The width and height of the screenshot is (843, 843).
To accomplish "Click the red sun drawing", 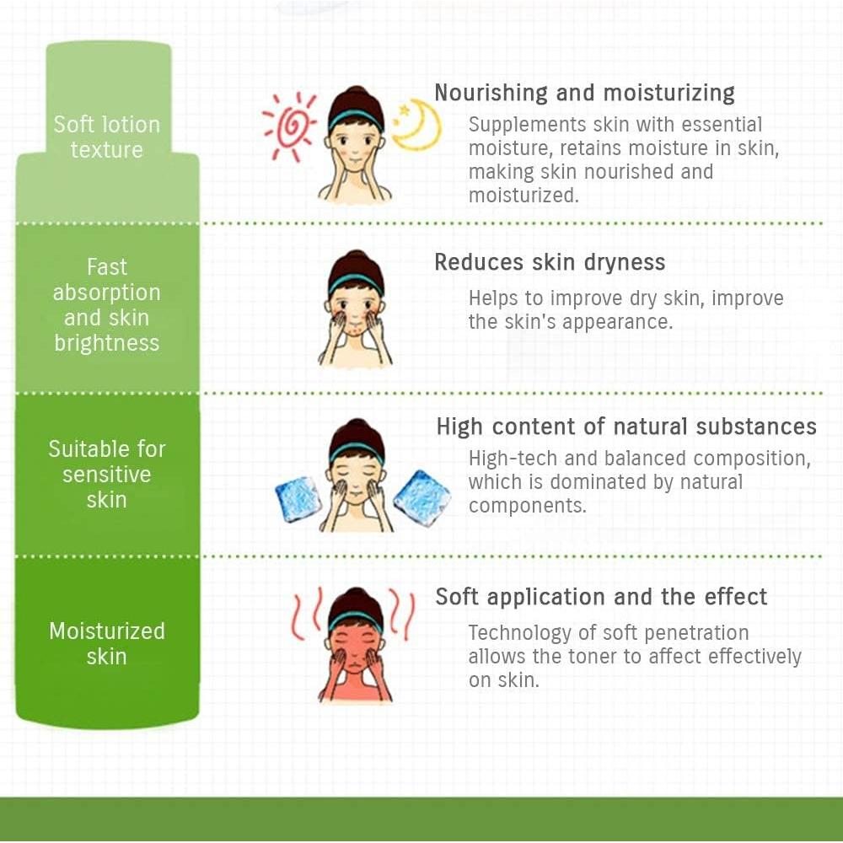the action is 289,127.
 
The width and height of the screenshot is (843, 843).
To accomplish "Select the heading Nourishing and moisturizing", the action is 584,93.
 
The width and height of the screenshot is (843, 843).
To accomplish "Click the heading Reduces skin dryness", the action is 550,262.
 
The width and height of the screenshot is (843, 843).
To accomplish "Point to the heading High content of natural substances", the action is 626,427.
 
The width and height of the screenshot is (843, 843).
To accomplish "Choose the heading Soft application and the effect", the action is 601,597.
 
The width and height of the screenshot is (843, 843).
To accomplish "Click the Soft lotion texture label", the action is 106,137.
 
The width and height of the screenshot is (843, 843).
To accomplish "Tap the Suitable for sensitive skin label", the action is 106,474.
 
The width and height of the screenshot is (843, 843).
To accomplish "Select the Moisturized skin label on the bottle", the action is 106,643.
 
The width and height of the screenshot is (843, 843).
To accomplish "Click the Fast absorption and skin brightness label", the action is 106,305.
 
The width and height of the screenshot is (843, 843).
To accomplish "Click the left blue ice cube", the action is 298,499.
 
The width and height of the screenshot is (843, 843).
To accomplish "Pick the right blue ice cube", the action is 422,498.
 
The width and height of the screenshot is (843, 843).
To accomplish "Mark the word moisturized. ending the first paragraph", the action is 524,196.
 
